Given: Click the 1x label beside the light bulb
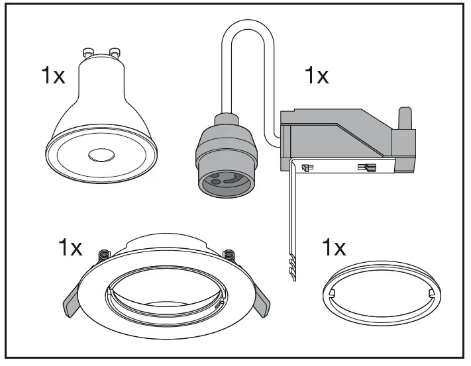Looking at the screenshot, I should pyautogui.click(x=53, y=75).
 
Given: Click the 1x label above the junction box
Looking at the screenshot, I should pyautogui.click(x=317, y=75).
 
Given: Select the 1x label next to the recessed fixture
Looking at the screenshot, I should pyautogui.click(x=70, y=248).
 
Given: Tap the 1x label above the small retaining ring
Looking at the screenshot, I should pyautogui.click(x=333, y=248).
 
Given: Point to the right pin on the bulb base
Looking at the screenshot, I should pyautogui.click(x=115, y=51).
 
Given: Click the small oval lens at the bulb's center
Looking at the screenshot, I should pyautogui.click(x=101, y=155).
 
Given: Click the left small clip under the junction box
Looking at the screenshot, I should pyautogui.click(x=306, y=168).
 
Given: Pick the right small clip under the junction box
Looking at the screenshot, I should pyautogui.click(x=364, y=168).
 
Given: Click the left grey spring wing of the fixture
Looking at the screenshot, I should pyautogui.click(x=72, y=304).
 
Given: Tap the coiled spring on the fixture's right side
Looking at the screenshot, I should pyautogui.click(x=229, y=255).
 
